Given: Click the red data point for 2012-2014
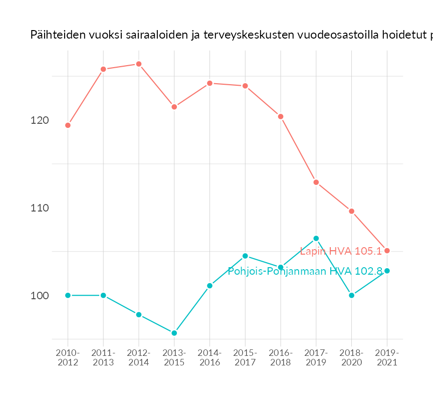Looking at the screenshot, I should pos(139,64).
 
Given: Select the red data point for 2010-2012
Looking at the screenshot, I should pos(68,125).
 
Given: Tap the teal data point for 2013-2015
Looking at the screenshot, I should pos(174,333).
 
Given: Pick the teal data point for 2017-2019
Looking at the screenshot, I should pos(316,239).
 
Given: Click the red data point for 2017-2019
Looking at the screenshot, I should pos(316,182).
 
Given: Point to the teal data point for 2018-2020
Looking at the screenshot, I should pos(352,295).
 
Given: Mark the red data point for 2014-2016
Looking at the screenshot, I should pos(210,83).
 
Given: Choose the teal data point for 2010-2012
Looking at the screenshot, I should pos(68,295).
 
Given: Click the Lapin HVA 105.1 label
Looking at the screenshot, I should pos(341,251).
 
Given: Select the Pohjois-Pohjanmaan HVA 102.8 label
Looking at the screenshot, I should pos(305,271).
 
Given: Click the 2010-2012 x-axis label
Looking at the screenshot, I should pos(68,358).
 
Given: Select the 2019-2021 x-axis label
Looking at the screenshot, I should pos(387,358).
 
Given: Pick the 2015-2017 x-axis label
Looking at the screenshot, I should pos(245,358).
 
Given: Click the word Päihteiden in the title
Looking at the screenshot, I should pos(54,35).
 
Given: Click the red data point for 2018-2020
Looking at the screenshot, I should pos(352,211).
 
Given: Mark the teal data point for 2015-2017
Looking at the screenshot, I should pos(245,256).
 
